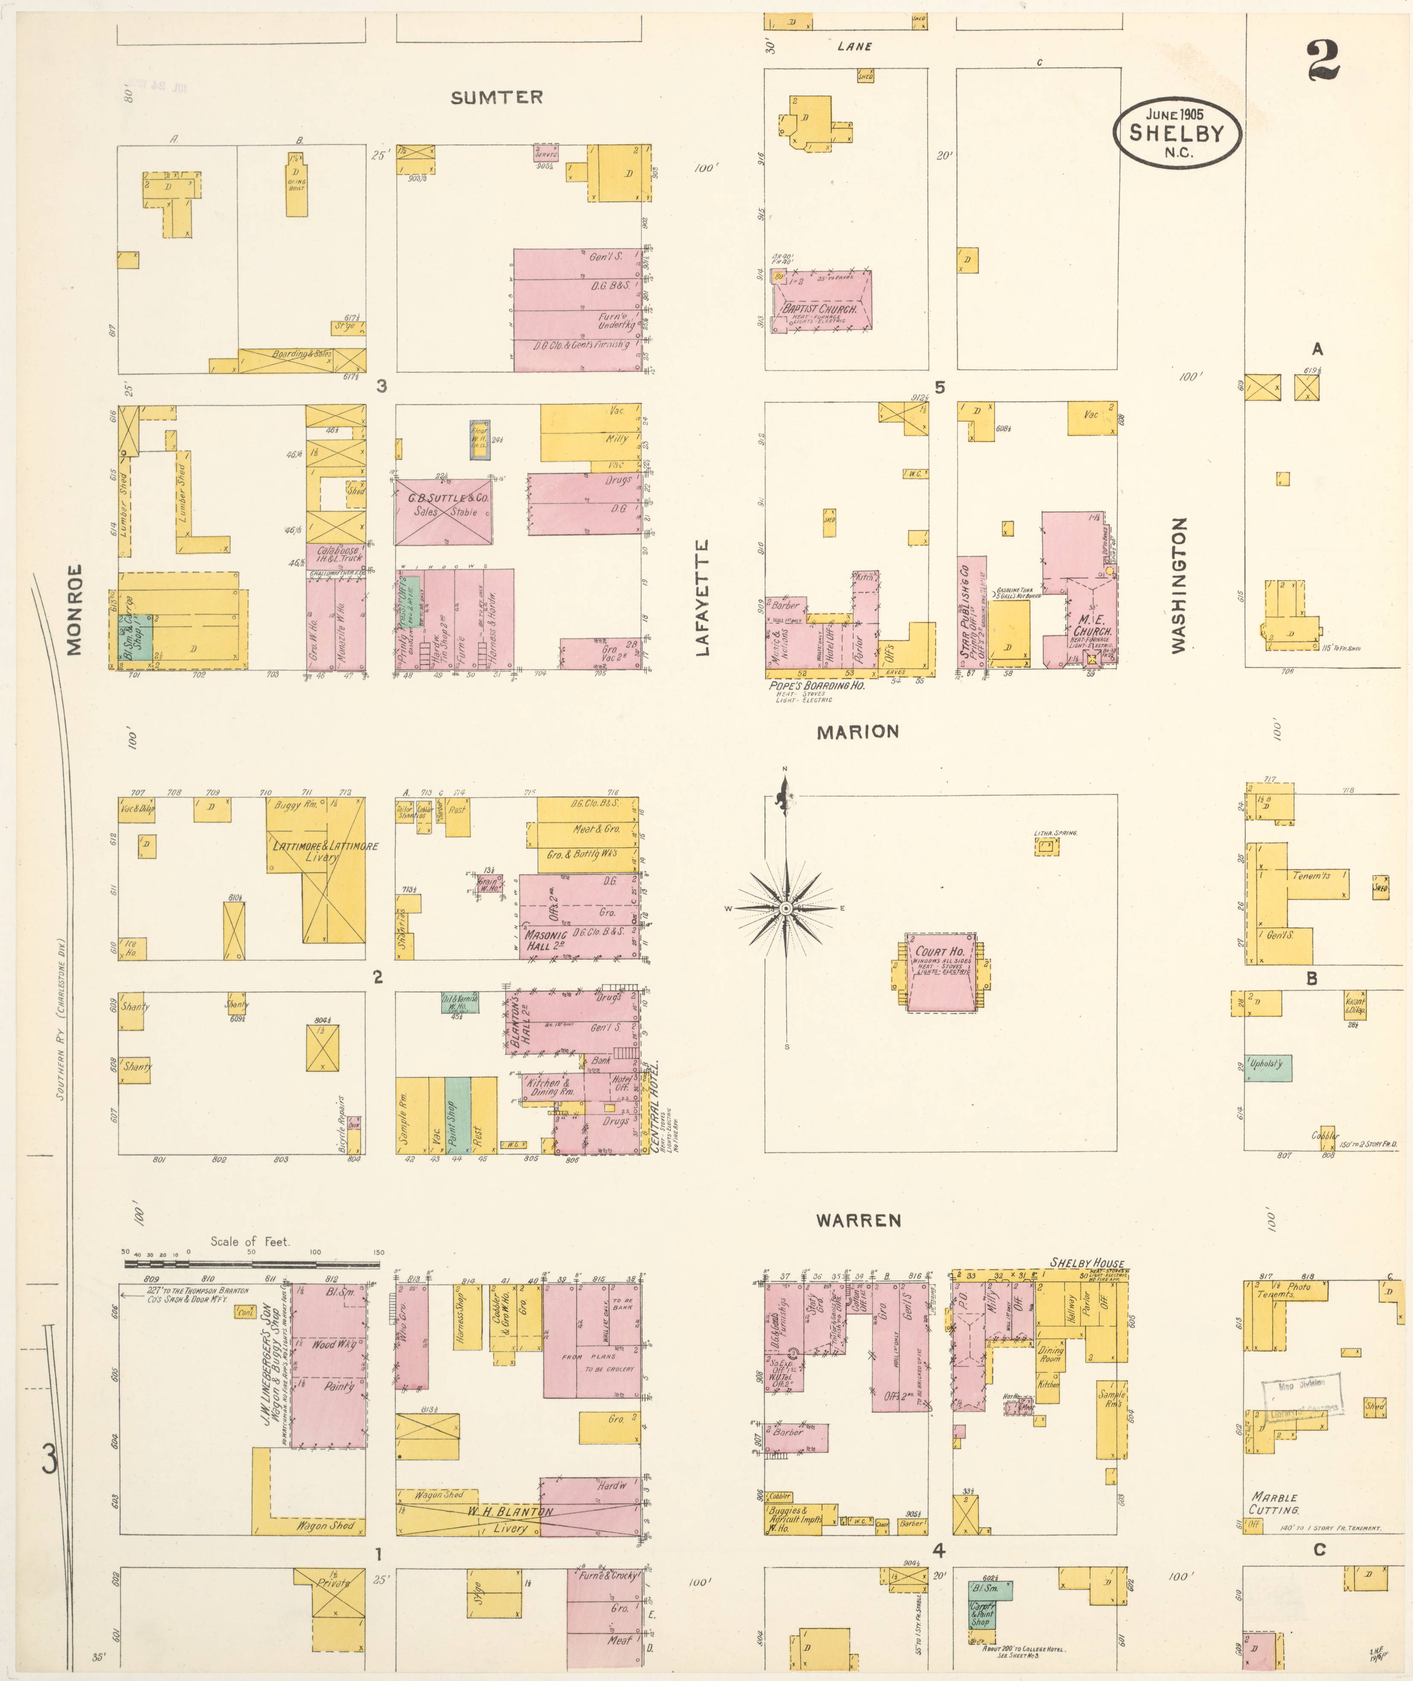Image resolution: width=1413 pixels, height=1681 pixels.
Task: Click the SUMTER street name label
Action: click(x=496, y=98)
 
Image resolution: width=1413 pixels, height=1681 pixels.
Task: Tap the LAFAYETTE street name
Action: click(x=703, y=598)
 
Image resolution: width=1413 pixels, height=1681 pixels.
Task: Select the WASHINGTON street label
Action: click(x=1178, y=585)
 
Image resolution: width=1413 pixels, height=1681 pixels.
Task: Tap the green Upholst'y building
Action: click(x=1267, y=1068)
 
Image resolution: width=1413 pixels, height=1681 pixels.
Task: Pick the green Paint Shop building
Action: click(x=457, y=1115)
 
